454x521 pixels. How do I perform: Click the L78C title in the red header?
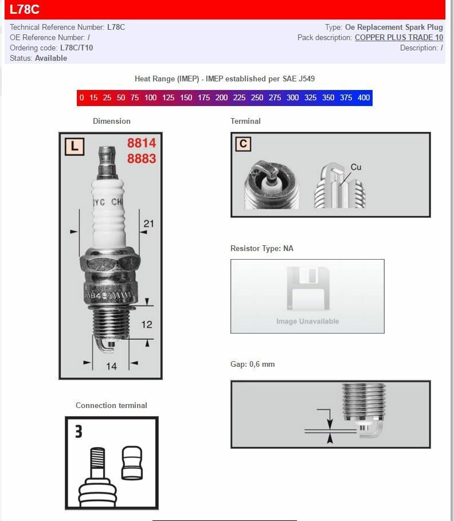tap(24, 10)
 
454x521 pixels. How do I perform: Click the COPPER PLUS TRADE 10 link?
tap(398, 37)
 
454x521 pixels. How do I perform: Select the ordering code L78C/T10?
tap(76, 48)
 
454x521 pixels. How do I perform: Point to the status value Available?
tap(50, 58)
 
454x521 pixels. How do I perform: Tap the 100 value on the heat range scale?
tap(150, 97)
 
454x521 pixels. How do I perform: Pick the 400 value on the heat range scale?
tap(363, 97)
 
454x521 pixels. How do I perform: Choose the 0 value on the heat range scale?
tap(81, 97)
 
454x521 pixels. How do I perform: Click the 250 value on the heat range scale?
tap(257, 97)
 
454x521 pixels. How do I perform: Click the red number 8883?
tap(141, 158)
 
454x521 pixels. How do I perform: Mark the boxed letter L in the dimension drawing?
tap(75, 147)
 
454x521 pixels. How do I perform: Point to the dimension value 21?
tap(148, 224)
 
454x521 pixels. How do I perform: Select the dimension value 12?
tap(147, 324)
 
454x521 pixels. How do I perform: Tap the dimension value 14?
tap(111, 366)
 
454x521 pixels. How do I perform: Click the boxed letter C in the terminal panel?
tap(243, 143)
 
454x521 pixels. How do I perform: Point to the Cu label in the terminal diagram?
tap(356, 167)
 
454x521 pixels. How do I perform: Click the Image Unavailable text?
tap(307, 321)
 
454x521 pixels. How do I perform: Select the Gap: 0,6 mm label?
tap(252, 364)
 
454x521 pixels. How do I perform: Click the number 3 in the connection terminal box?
tap(79, 431)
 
